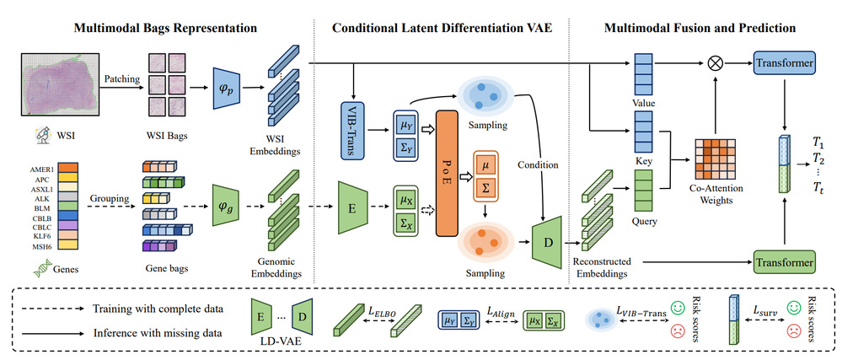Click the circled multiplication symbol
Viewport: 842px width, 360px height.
pyautogui.click(x=716, y=63)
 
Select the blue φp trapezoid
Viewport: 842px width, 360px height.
pyautogui.click(x=225, y=87)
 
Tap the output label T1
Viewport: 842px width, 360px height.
pyautogui.click(x=817, y=141)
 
